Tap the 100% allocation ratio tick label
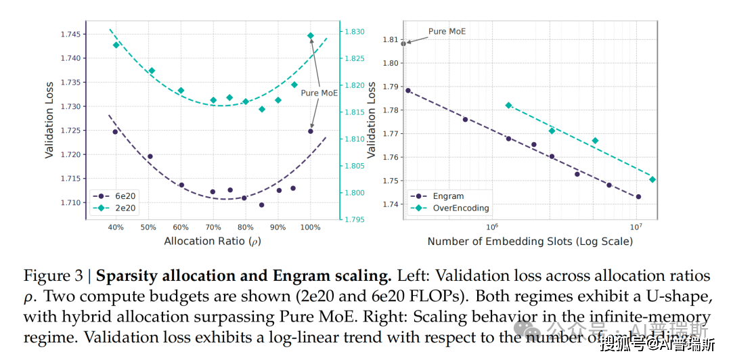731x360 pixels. pyautogui.click(x=311, y=227)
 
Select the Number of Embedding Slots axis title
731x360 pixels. pyautogui.click(x=530, y=241)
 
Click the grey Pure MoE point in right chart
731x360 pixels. pyautogui.click(x=403, y=43)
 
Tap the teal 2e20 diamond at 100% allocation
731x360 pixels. pyautogui.click(x=311, y=35)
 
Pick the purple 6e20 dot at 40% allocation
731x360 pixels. pyautogui.click(x=115, y=132)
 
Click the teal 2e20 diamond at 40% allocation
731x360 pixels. pyautogui.click(x=116, y=45)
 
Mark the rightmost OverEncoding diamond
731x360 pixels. pyautogui.click(x=652, y=179)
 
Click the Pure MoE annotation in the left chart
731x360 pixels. pyautogui.click(x=319, y=93)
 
